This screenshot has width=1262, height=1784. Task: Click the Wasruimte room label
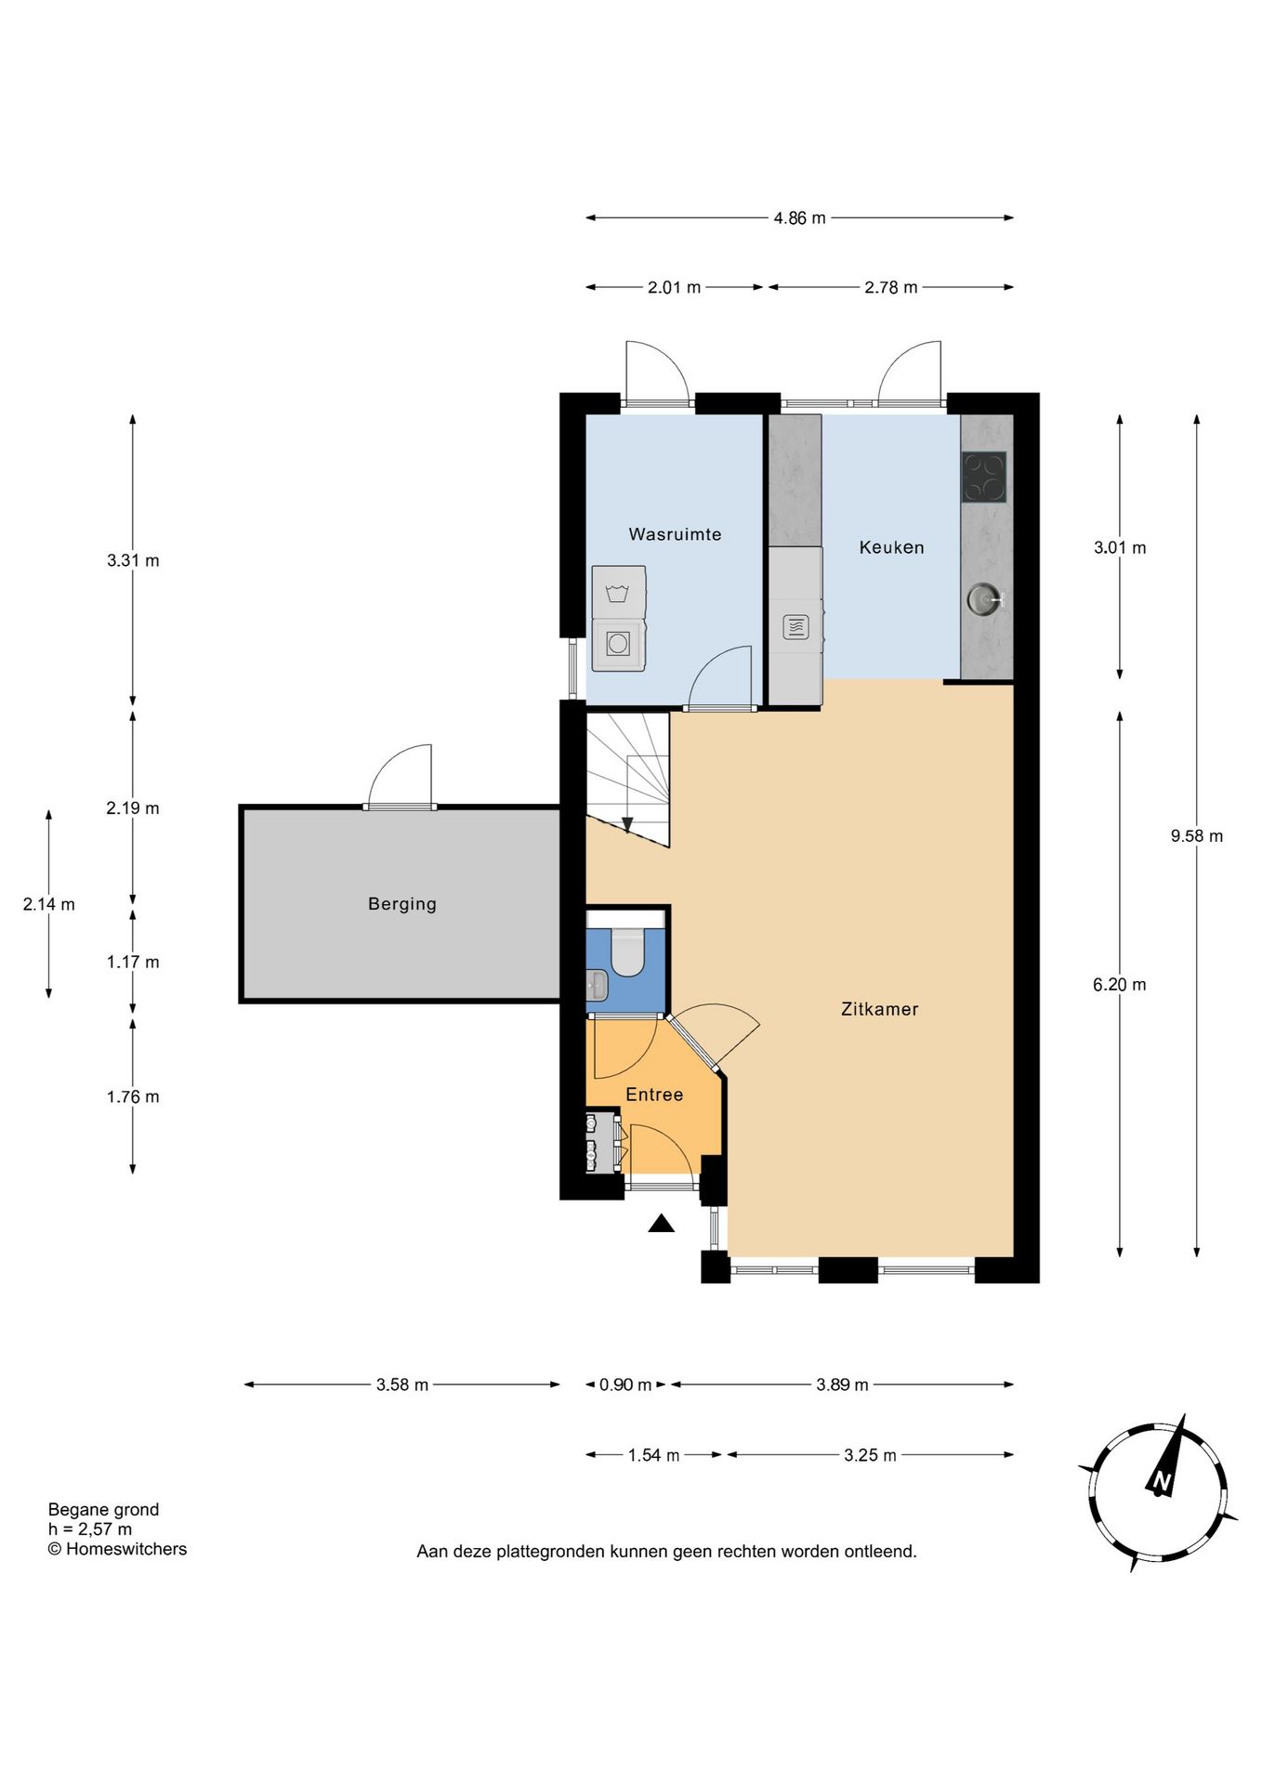(675, 534)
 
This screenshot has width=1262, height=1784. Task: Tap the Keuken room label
(891, 547)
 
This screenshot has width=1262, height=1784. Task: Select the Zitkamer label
(879, 1009)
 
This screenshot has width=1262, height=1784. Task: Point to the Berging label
(401, 904)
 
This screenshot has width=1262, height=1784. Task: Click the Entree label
(654, 1095)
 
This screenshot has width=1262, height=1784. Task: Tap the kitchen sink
(984, 598)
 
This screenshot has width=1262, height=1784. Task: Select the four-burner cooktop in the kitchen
(983, 478)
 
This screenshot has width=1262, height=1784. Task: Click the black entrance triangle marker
(661, 1224)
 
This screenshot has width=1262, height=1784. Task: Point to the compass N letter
(1162, 1481)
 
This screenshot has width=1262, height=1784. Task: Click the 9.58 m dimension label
(1197, 836)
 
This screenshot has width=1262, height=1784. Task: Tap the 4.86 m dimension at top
(799, 218)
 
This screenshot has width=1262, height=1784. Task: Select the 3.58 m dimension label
(402, 1384)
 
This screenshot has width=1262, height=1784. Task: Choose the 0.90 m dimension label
(625, 1384)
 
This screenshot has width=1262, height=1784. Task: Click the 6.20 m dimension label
(1120, 985)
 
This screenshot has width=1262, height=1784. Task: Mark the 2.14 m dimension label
(49, 904)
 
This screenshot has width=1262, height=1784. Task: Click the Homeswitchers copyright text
(117, 1549)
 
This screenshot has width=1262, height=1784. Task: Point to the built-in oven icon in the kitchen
(795, 627)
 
